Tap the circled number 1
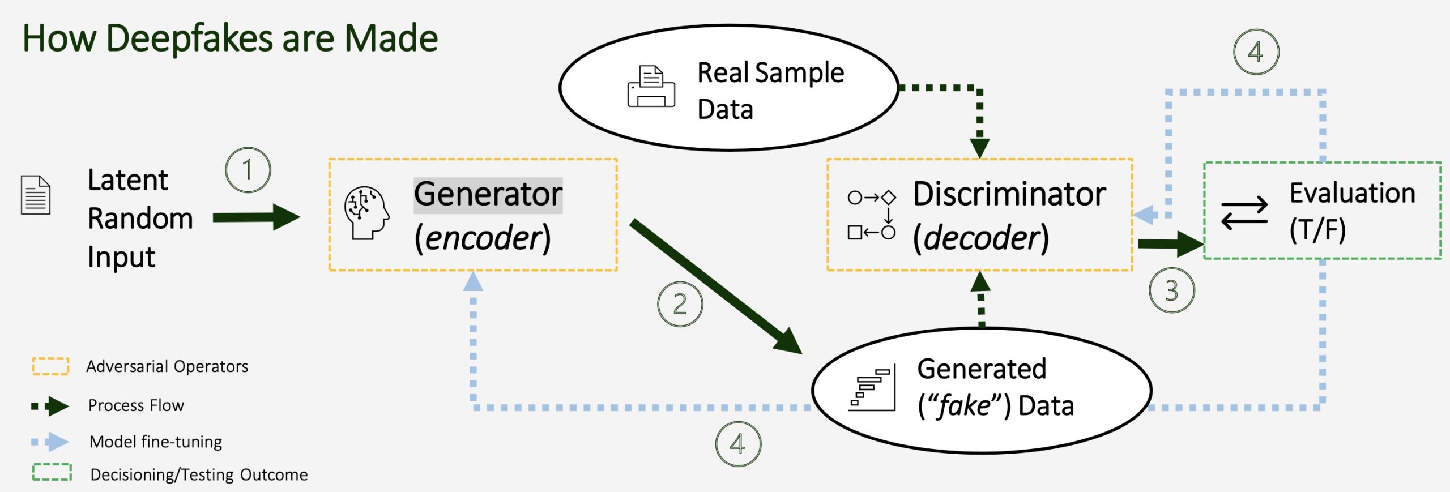[x=248, y=170]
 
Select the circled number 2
[x=680, y=304]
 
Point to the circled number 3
[x=1171, y=290]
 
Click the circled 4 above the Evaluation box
[x=1256, y=53]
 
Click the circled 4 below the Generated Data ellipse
[x=737, y=444]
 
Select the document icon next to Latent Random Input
[x=36, y=195]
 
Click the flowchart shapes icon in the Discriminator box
[x=871, y=215]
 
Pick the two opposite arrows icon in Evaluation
[x=1244, y=213]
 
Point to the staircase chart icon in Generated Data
[x=872, y=388]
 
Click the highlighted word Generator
[x=488, y=195]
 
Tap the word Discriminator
[x=1009, y=194]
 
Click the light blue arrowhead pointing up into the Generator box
[x=473, y=281]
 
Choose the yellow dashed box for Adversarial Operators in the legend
[x=50, y=366]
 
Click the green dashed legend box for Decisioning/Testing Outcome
[x=52, y=472]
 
